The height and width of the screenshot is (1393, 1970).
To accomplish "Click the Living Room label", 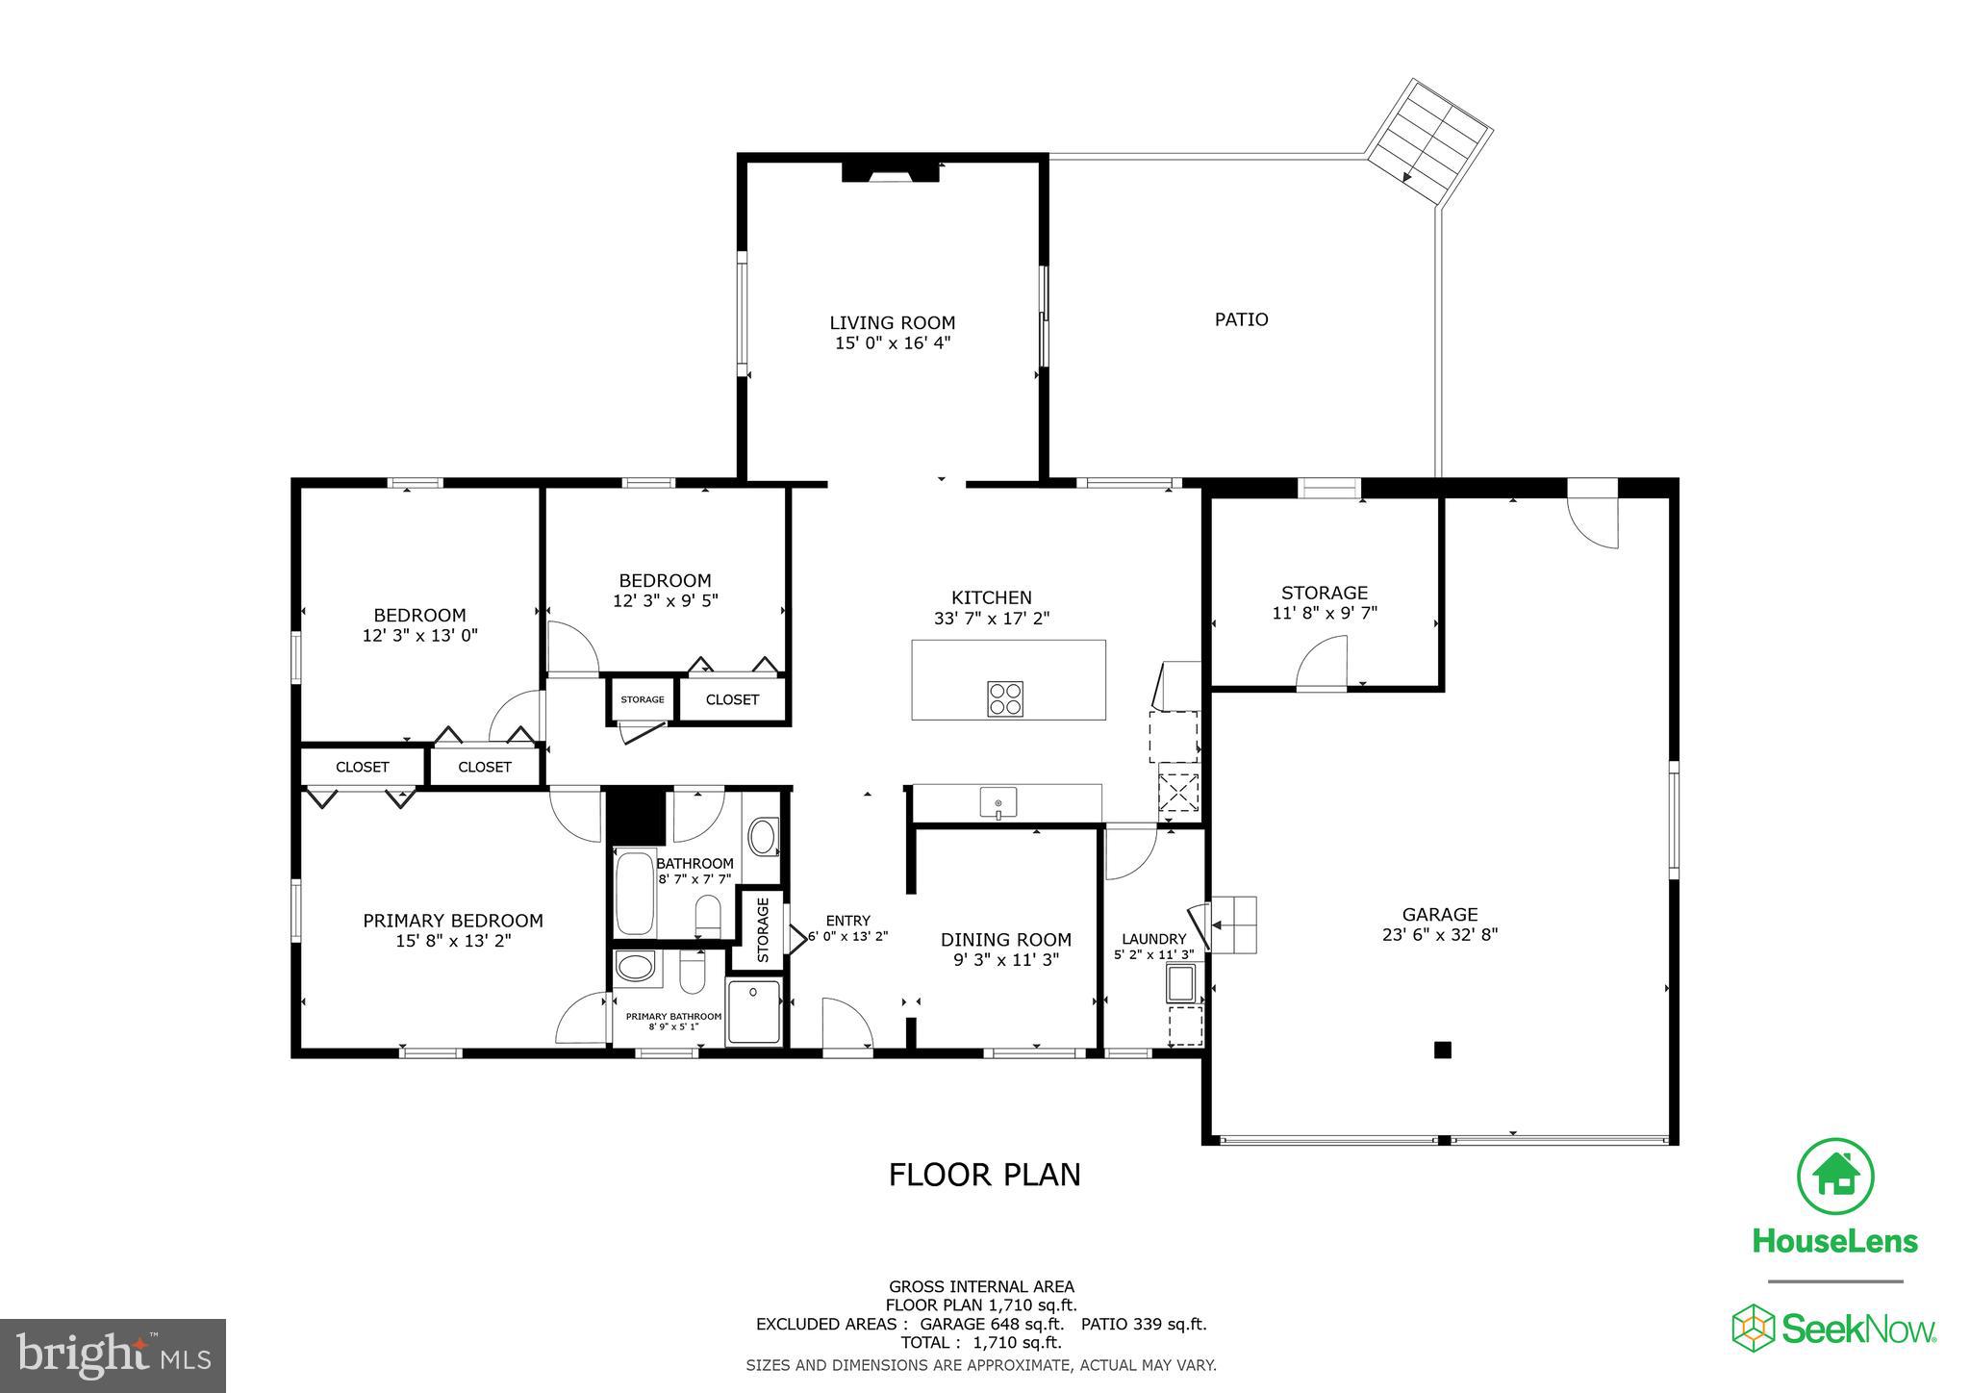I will click(893, 323).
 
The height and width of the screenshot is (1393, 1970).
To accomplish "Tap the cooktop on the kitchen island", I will click(1004, 698).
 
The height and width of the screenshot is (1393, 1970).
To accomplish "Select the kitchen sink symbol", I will click(998, 801).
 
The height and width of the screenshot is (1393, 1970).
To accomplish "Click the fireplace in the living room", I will click(890, 172).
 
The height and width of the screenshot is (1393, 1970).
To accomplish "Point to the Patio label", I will click(1241, 319).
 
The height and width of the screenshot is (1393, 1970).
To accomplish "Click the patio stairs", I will click(1429, 139).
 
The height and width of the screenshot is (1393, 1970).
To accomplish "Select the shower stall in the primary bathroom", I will click(754, 1011).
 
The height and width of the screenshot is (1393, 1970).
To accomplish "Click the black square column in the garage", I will click(1442, 1050).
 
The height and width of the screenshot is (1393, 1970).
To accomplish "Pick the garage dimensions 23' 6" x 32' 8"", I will click(1440, 933).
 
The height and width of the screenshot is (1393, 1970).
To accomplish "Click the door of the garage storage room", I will click(1321, 668).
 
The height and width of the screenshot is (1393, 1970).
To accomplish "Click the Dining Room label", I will click(1005, 939).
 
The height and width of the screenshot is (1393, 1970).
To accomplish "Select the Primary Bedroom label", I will click(453, 921).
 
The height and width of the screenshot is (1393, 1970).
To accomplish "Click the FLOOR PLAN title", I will click(984, 1175).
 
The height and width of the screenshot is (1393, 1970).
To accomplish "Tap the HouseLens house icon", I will click(1835, 1177).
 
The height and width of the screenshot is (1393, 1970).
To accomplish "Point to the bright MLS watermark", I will click(114, 1356).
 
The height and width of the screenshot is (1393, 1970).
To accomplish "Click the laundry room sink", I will click(1181, 984).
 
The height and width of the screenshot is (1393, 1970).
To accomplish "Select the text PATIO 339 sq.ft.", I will click(1144, 1324).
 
